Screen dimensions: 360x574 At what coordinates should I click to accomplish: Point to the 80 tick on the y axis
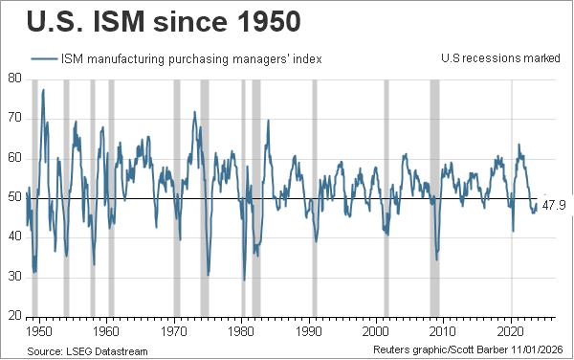point(13,79)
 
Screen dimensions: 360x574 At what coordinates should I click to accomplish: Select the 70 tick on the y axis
point(13,119)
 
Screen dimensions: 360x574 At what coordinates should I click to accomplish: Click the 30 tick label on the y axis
point(13,277)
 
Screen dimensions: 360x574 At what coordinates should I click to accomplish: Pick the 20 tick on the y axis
point(13,316)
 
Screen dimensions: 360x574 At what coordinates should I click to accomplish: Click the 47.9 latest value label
point(555,205)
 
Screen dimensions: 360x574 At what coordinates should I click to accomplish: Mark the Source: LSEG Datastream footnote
point(88,351)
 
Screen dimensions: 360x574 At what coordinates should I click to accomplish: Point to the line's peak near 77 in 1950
point(43,90)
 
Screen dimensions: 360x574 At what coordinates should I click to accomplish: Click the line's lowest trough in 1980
point(244,280)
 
